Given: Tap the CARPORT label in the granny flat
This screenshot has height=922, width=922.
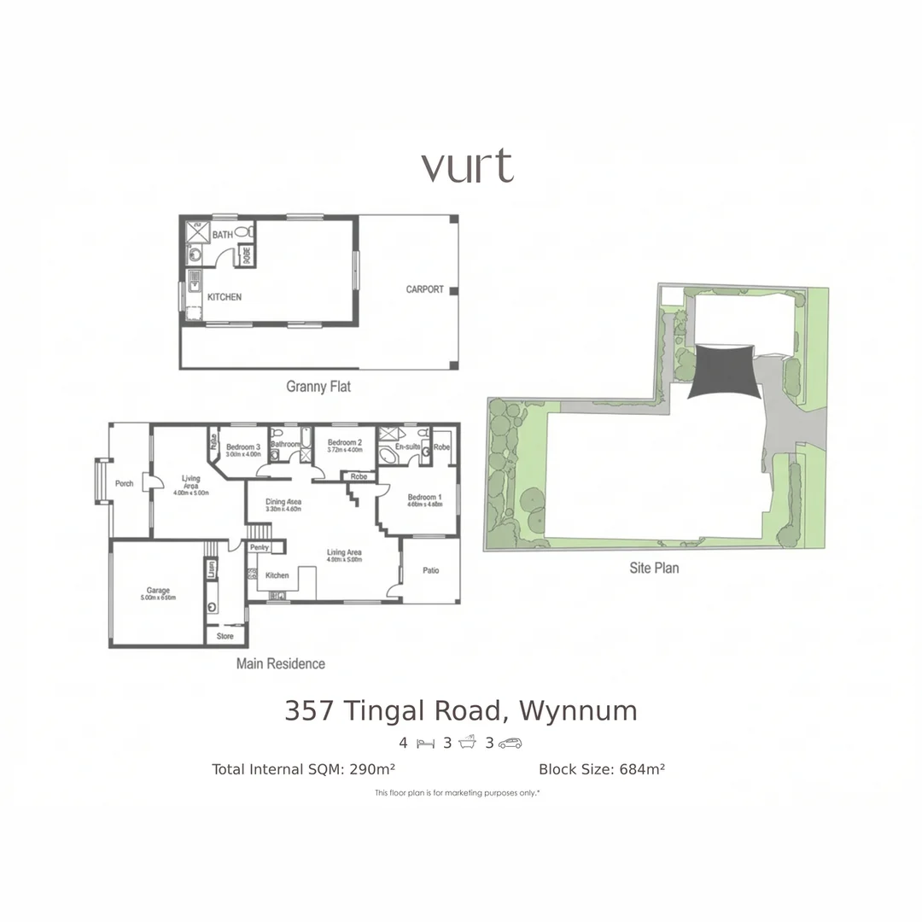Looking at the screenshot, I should [x=424, y=289].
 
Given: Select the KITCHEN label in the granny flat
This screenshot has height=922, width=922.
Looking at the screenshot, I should [x=225, y=297].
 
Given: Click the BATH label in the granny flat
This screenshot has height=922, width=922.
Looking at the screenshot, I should [x=222, y=234].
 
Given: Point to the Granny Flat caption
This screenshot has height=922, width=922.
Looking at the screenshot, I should [x=318, y=387].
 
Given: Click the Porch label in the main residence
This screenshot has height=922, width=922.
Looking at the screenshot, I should [x=124, y=483].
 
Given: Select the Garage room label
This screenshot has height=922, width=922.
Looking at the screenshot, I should [x=158, y=591].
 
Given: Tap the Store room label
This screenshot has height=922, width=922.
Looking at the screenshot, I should [x=225, y=637].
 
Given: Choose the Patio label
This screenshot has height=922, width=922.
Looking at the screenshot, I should [x=430, y=570].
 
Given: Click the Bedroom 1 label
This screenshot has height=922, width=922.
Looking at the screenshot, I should [x=424, y=498].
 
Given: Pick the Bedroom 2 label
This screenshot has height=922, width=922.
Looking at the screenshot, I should [x=345, y=443].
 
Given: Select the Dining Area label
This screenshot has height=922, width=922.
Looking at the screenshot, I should [x=283, y=502].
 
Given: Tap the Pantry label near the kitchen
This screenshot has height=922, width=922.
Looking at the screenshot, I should [x=260, y=547].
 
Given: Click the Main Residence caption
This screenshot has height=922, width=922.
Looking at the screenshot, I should [x=281, y=663].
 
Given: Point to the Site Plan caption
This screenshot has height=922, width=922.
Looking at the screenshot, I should [x=654, y=567].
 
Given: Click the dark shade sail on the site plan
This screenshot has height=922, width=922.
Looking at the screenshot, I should [x=721, y=371].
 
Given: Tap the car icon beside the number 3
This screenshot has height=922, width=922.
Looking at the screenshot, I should [x=510, y=743].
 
